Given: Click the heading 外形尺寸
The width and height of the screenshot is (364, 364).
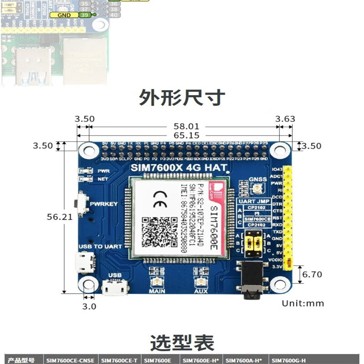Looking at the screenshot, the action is click(x=182, y=97).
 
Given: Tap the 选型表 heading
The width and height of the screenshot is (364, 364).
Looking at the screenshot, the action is click(x=182, y=343).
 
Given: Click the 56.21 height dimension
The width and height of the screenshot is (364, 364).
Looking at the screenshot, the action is click(x=60, y=217).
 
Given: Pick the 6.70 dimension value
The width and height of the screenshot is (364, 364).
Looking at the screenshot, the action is click(x=312, y=274).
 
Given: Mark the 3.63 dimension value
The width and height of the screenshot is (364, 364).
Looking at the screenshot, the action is click(x=285, y=119).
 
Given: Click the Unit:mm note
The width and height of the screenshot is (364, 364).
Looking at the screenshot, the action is click(x=303, y=303).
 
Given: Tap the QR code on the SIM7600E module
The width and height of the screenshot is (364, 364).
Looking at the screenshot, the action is click(x=159, y=232).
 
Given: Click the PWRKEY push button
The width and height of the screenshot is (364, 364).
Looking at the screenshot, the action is click(x=82, y=203).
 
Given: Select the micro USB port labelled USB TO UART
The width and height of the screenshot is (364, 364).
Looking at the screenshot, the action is click(x=86, y=262).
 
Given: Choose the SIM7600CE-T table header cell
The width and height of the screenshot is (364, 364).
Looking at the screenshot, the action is click(x=120, y=360).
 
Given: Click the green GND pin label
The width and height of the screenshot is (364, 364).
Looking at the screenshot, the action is click(x=64, y=15).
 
